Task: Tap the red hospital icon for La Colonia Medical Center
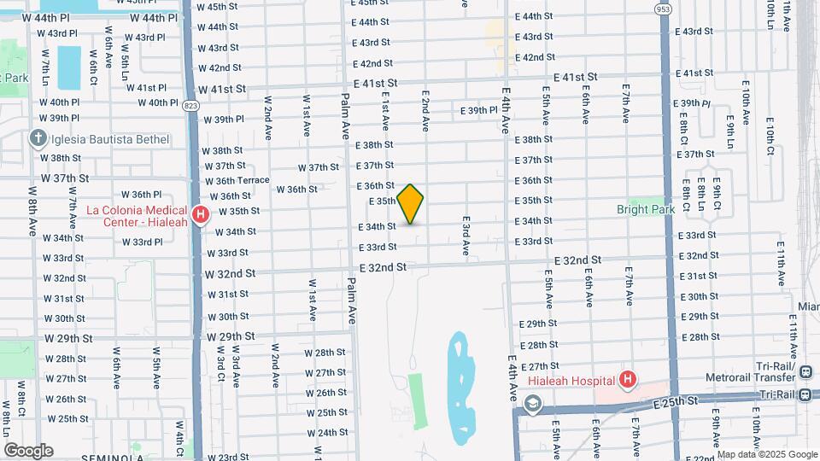click(201, 214)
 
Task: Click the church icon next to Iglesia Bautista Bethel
click(37, 137)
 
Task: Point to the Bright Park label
click(646, 209)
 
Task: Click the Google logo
click(28, 450)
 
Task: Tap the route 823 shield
click(190, 105)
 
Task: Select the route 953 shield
click(664, 9)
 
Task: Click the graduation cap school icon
click(534, 403)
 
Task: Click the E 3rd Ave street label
click(466, 236)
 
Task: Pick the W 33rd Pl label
click(143, 242)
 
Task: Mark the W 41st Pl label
click(144, 88)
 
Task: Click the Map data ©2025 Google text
click(767, 454)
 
